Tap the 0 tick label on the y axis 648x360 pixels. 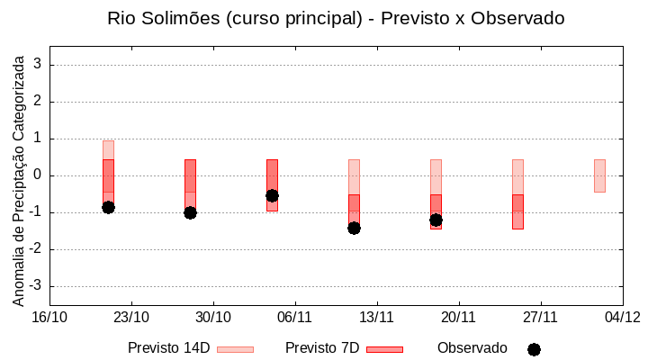pyautogui.click(x=38, y=175)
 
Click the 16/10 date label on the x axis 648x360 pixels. pyautogui.click(x=49, y=317)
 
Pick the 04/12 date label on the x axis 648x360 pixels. pyautogui.click(x=622, y=317)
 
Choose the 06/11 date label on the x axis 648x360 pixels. pyautogui.click(x=294, y=317)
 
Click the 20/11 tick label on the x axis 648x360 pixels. pyautogui.click(x=458, y=317)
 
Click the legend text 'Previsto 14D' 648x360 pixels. pyautogui.click(x=168, y=348)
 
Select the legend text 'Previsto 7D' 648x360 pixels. pyautogui.click(x=322, y=348)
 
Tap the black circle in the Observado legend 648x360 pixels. pyautogui.click(x=534, y=349)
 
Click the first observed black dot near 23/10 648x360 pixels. pyautogui.click(x=108, y=207)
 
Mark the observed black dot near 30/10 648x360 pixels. pyautogui.click(x=190, y=212)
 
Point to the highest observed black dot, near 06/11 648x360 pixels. pyautogui.click(x=272, y=195)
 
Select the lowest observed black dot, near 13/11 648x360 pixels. pyautogui.click(x=354, y=228)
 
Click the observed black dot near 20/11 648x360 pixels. pyautogui.click(x=436, y=220)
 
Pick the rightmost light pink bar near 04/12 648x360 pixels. pyautogui.click(x=599, y=175)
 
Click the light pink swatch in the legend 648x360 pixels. pyautogui.click(x=235, y=349)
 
